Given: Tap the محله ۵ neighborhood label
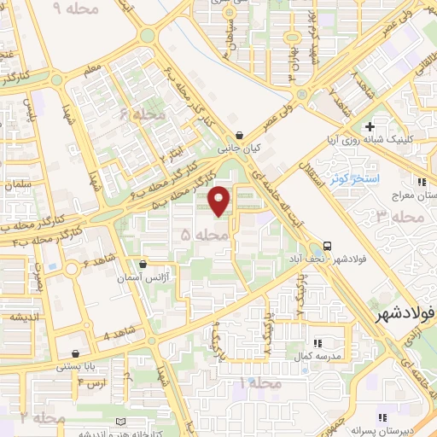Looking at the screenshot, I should pyautogui.click(x=206, y=232).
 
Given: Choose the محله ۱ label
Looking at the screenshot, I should pyautogui.click(x=260, y=385).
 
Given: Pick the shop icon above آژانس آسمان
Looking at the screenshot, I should pyautogui.click(x=143, y=264).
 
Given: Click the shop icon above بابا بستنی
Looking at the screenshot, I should pyautogui.click(x=77, y=353).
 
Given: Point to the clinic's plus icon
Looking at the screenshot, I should pyautogui.click(x=370, y=127).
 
